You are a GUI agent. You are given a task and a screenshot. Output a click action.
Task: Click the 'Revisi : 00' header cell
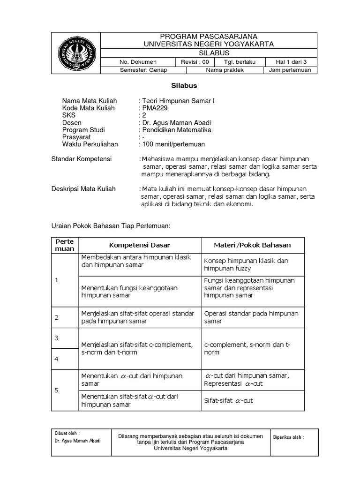point(194,62)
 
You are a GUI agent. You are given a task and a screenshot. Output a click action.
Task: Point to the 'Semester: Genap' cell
point(144,70)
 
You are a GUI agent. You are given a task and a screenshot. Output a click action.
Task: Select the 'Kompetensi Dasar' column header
point(139,245)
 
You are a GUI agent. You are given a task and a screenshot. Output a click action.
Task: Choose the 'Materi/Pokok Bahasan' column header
point(252,245)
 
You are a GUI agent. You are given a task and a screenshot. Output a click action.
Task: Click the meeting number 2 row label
point(57,317)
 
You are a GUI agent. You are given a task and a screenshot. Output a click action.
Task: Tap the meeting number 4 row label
point(57,359)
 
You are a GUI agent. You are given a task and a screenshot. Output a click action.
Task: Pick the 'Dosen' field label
point(72,123)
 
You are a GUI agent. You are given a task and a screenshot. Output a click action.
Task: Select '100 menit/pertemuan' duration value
point(173,144)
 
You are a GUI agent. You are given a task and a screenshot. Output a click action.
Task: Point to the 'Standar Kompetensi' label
point(82,159)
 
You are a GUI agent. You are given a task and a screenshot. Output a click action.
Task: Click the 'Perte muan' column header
point(65,245)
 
